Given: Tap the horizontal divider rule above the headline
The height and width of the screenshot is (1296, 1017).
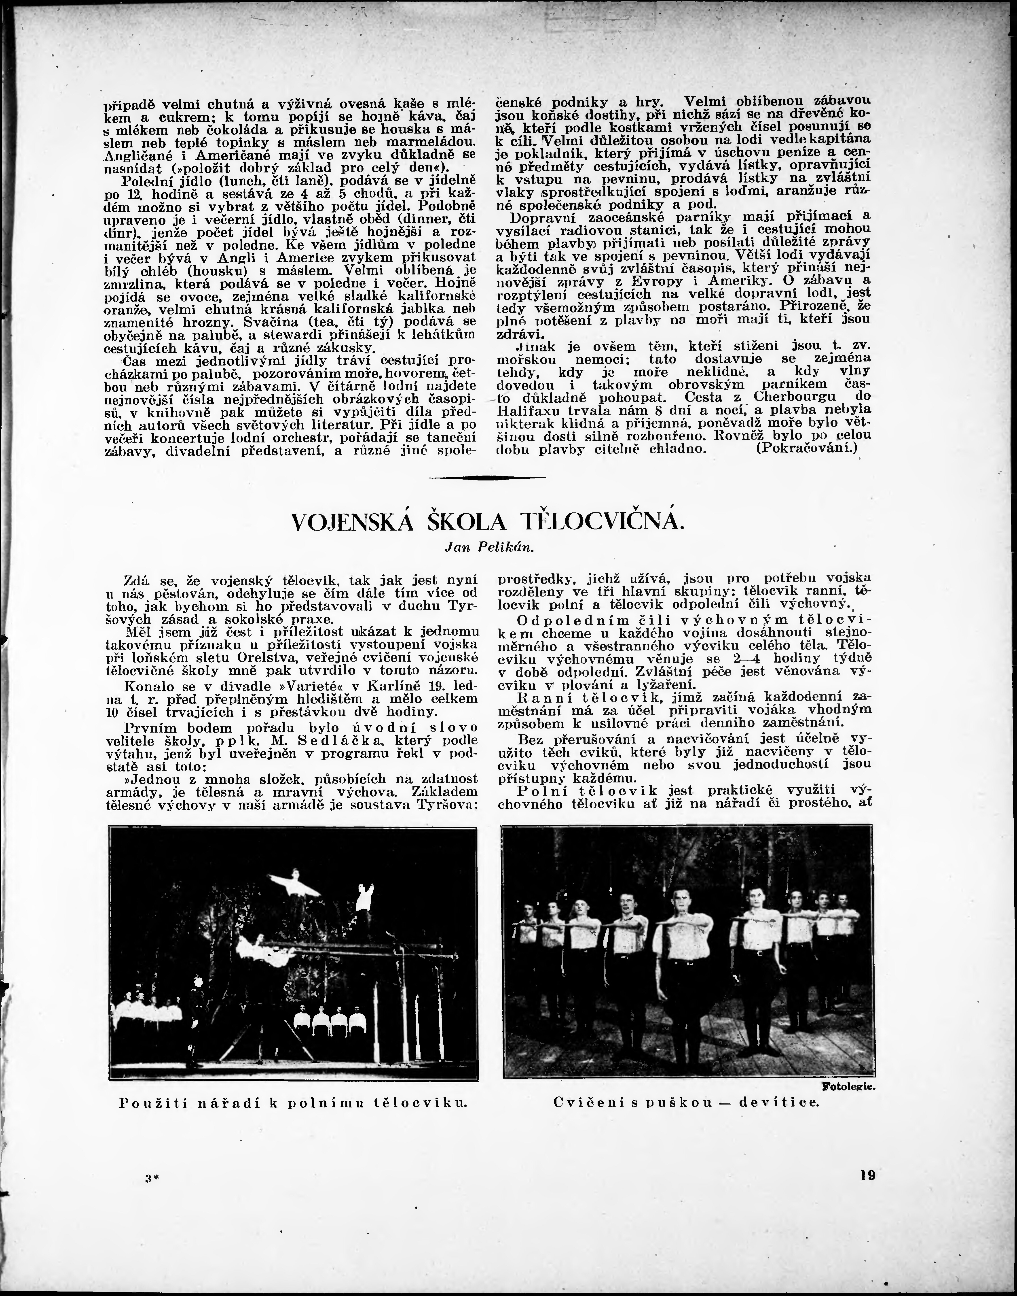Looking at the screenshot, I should point(487,478).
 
